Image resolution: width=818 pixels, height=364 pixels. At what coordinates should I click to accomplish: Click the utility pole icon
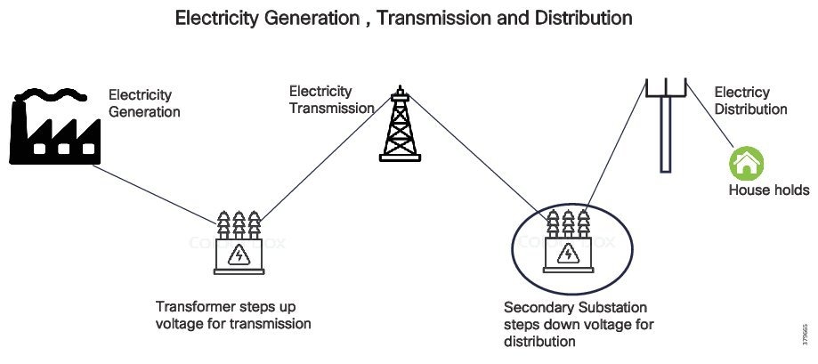[665, 125]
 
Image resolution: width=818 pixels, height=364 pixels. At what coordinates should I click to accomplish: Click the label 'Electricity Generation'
[144, 103]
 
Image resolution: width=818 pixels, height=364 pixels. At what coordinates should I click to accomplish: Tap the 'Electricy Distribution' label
[750, 101]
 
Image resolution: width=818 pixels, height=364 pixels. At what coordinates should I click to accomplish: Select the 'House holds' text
[769, 190]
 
